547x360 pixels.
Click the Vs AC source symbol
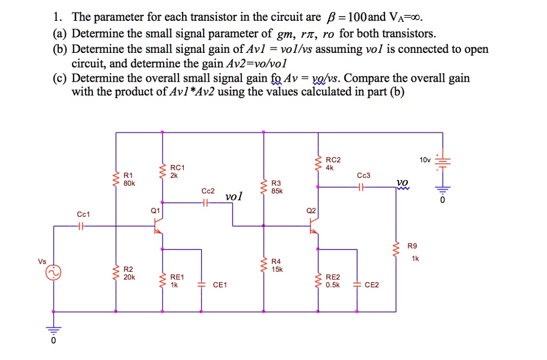(x=53, y=273)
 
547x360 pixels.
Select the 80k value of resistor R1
(x=129, y=183)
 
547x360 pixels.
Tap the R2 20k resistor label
(x=129, y=273)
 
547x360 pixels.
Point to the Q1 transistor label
(x=155, y=210)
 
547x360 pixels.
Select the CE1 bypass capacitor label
(x=220, y=285)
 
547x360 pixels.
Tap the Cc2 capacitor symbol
(x=206, y=203)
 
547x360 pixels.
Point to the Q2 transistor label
(x=310, y=210)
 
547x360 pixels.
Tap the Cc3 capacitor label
(x=363, y=175)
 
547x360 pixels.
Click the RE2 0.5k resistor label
(x=332, y=281)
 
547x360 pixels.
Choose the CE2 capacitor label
(x=371, y=285)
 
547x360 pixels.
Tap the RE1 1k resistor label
(x=177, y=281)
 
